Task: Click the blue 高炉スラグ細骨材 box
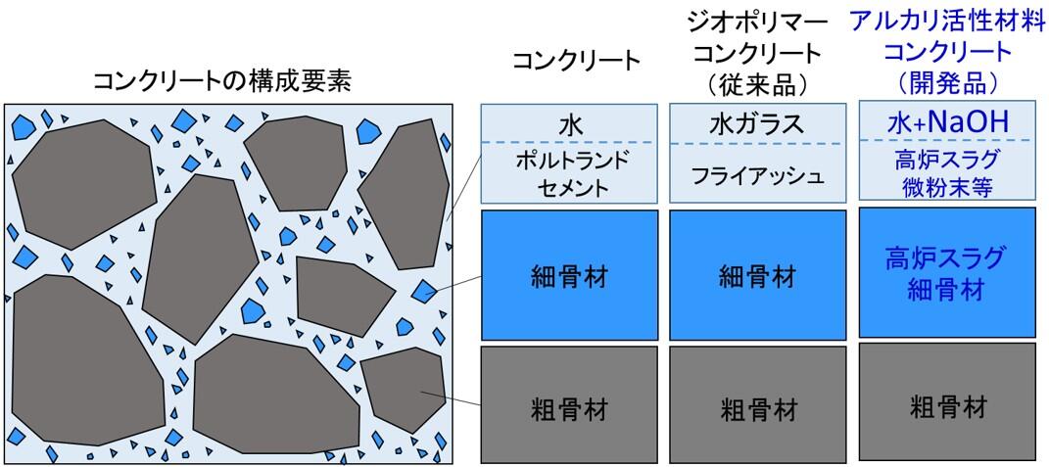[x=946, y=274]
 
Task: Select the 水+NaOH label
[x=946, y=122]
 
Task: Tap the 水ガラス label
[x=757, y=124]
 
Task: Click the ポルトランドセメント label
[x=570, y=172]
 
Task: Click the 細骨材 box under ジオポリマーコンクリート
[x=757, y=276]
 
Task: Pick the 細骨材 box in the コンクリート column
[x=570, y=276]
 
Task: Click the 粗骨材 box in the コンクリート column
[x=570, y=405]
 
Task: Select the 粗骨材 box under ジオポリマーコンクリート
[x=757, y=405]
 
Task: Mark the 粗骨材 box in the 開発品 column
[x=946, y=405]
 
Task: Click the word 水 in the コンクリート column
[x=570, y=125]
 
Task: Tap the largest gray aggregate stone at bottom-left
[x=83, y=362]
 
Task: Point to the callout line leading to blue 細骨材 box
[x=455, y=284]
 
